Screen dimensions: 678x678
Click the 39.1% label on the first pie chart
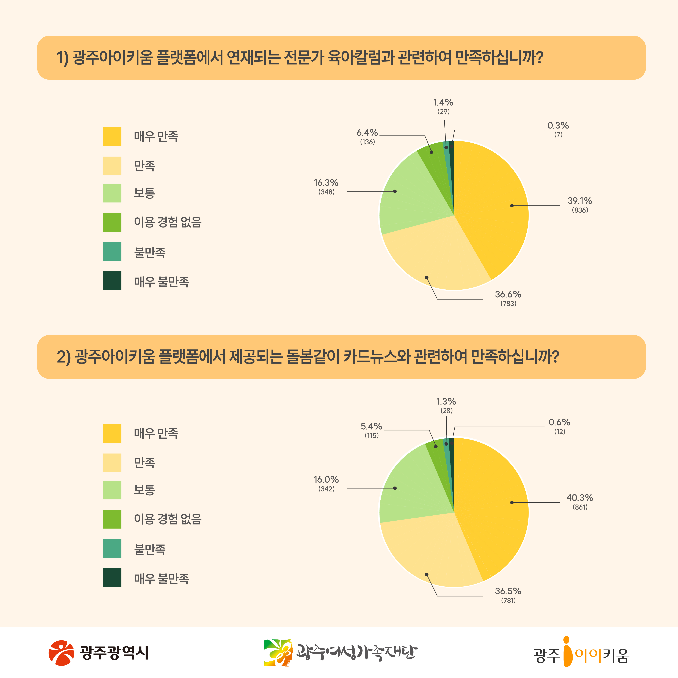580,201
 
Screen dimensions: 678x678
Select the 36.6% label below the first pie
508,294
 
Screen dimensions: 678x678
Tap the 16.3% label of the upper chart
326,183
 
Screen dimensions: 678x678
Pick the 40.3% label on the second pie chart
580,498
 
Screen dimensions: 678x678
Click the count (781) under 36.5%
508,600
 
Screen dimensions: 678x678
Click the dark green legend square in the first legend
112,281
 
